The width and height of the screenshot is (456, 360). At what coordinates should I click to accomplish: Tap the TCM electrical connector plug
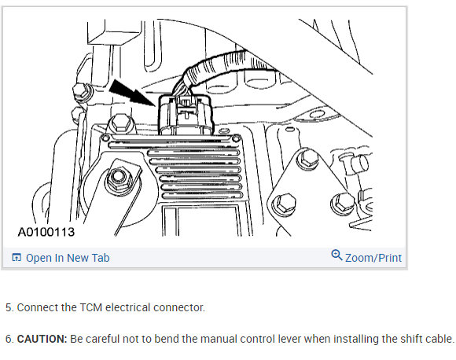tap(182, 113)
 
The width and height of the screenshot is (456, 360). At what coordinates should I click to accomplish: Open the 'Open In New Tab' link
tap(68, 258)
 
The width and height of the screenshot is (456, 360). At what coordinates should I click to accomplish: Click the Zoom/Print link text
tap(373, 258)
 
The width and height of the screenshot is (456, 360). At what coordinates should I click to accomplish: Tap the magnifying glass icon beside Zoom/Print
tap(336, 255)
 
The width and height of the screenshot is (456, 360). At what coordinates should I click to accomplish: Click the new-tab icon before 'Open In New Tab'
tap(17, 258)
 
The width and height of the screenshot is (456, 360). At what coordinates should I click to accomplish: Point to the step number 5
tap(9, 307)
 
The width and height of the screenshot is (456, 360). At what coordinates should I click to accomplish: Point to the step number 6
tap(9, 339)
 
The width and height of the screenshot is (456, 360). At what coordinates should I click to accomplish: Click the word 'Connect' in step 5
tap(37, 307)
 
